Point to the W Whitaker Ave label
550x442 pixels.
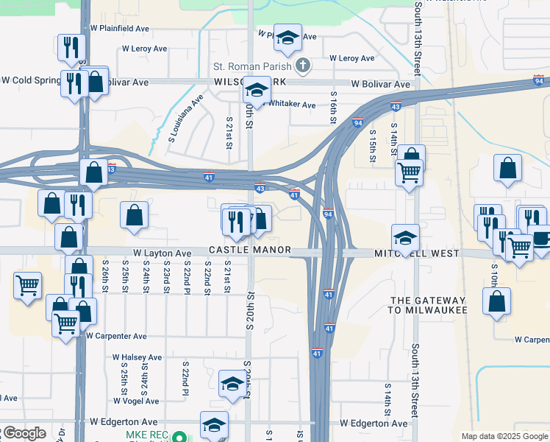290,105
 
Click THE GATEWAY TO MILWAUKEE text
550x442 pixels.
428,305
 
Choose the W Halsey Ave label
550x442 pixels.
137,357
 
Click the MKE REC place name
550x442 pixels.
146,436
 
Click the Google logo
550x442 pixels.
24,433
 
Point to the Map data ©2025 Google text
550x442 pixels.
504,436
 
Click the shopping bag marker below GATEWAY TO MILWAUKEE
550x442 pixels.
497,301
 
